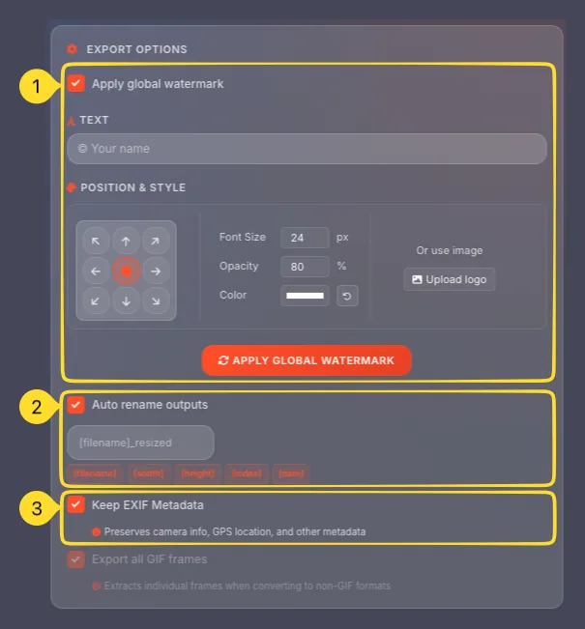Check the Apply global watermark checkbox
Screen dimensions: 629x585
pyautogui.click(x=76, y=84)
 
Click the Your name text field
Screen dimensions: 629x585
pyautogui.click(x=307, y=149)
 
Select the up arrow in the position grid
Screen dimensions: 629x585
pyautogui.click(x=126, y=242)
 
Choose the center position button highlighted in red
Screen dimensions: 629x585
pyautogui.click(x=126, y=272)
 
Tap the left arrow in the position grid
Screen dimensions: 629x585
pyautogui.click(x=96, y=272)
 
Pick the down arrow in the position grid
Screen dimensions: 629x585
pyautogui.click(x=126, y=301)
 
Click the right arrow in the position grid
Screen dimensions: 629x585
pyautogui.click(x=156, y=272)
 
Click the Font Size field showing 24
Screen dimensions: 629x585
pyautogui.click(x=305, y=238)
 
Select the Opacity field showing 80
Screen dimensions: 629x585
pyautogui.click(x=305, y=267)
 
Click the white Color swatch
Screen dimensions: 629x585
pyautogui.click(x=305, y=296)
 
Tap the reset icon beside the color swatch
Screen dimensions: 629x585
pyautogui.click(x=347, y=296)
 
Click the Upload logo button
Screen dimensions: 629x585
pyautogui.click(x=449, y=279)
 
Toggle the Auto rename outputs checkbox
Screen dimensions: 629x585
pyautogui.click(x=76, y=404)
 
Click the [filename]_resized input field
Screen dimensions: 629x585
pyautogui.click(x=140, y=443)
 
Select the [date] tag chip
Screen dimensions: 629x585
pyautogui.click(x=291, y=473)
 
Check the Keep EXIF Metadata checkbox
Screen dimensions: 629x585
pyautogui.click(x=76, y=504)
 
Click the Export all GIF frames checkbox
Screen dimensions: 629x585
pyautogui.click(x=76, y=558)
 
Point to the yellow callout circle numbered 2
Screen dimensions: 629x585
pyautogui.click(x=36, y=407)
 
